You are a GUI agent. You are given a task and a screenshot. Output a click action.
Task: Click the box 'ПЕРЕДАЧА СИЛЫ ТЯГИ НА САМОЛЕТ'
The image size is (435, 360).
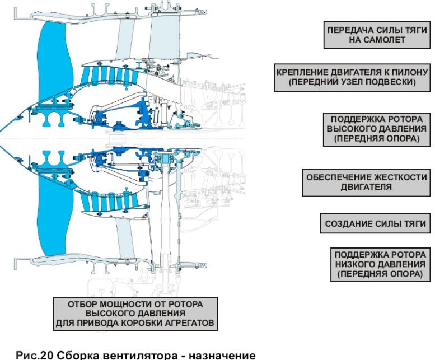click(x=375, y=36)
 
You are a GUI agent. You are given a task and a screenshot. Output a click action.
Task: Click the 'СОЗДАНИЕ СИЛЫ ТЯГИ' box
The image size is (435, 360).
click(x=376, y=223)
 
